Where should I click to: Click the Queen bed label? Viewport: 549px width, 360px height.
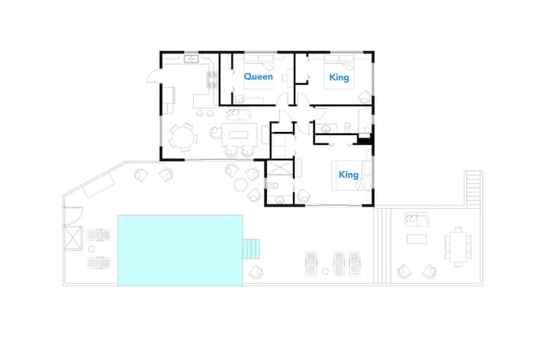point(258,77)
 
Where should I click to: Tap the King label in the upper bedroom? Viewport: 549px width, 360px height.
point(339,77)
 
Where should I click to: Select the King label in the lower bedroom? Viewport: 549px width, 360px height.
point(348,175)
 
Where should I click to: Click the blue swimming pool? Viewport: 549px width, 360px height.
point(180,250)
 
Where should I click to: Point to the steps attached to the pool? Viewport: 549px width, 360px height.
point(252,249)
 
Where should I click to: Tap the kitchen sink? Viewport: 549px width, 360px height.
point(191,59)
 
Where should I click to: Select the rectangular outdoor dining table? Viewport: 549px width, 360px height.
point(458,247)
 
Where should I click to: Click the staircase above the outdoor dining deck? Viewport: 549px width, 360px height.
point(474,188)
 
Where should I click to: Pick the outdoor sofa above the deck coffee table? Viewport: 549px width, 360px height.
point(416,220)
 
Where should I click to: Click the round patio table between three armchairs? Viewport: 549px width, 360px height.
point(240,185)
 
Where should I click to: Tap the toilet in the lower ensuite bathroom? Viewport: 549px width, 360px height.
point(273,185)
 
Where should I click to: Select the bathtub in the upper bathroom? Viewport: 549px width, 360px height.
point(364,121)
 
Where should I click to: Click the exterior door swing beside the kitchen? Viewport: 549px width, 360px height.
point(153,76)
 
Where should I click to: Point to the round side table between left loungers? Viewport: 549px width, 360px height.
point(91,249)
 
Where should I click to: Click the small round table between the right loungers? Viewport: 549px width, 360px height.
point(326,271)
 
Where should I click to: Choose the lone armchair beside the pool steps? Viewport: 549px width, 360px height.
point(256,272)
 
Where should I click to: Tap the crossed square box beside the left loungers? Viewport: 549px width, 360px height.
point(73,238)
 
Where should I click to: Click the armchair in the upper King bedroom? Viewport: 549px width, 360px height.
point(364,96)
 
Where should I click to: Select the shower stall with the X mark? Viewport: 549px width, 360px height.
point(280,167)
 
